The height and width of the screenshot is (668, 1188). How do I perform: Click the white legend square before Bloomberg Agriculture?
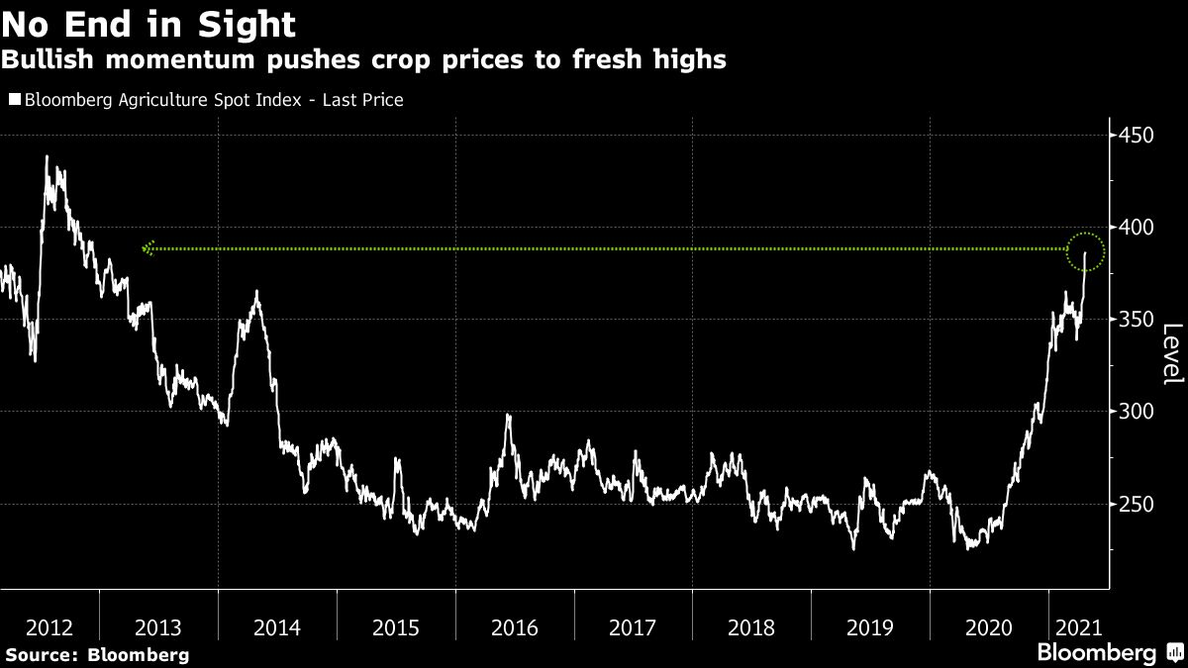(14, 100)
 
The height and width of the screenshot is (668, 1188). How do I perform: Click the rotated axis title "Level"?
(1171, 353)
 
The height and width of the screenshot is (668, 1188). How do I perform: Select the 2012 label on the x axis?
(49, 627)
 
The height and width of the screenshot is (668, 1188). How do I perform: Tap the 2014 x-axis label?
(278, 627)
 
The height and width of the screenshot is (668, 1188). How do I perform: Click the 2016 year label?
(515, 627)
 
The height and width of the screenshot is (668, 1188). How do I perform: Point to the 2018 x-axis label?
(750, 627)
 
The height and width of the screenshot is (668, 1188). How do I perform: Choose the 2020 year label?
(988, 627)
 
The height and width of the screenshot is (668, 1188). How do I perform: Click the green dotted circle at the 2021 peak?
(1086, 250)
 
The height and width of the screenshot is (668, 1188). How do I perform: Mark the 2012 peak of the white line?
(47, 156)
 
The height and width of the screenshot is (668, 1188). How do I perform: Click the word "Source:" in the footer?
(42, 654)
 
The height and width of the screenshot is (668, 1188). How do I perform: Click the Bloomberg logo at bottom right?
(1096, 653)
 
